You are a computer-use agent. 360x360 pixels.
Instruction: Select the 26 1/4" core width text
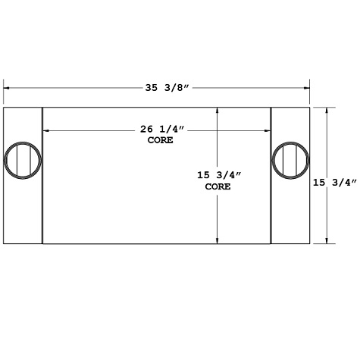(161, 130)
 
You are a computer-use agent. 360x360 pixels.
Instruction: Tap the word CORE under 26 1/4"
(161, 141)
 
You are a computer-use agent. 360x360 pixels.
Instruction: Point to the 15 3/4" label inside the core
(218, 175)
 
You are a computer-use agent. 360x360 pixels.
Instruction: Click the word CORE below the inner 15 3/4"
(218, 186)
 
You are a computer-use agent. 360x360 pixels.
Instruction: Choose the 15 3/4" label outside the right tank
(336, 181)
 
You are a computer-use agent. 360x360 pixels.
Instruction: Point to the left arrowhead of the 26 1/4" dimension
(45, 131)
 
